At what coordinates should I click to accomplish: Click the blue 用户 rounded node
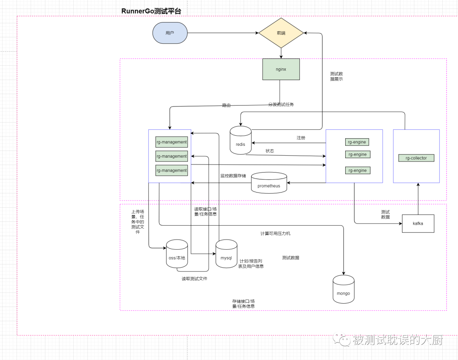click(170, 33)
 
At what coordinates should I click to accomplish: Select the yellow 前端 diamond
click(281, 33)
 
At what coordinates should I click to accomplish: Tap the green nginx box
click(281, 69)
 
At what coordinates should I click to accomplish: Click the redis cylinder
click(241, 140)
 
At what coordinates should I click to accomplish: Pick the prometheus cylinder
click(269, 183)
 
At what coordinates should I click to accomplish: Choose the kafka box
click(418, 223)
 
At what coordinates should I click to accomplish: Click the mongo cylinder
click(343, 289)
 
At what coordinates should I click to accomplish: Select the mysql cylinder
click(226, 254)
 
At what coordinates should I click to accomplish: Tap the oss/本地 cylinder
click(177, 254)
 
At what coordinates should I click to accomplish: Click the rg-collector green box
click(416, 158)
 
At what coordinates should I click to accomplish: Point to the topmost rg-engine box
click(357, 142)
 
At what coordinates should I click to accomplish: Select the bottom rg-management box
click(171, 170)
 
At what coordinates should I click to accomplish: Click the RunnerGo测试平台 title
click(151, 11)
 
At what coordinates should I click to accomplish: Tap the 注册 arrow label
click(301, 138)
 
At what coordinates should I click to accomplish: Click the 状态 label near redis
click(270, 151)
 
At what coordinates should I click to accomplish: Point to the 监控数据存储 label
click(233, 176)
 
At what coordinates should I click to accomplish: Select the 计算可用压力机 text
click(276, 234)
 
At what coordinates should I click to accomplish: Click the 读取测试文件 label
click(195, 279)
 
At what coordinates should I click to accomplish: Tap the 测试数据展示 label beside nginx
click(336, 76)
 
